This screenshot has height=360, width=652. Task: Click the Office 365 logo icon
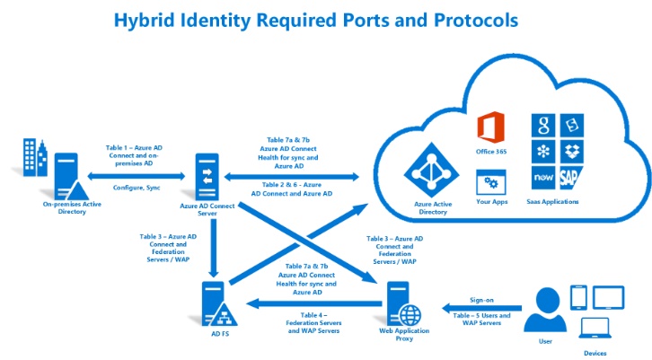tap(490, 127)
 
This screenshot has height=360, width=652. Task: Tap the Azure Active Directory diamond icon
tap(432, 170)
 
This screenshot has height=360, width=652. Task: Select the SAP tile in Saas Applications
tap(570, 178)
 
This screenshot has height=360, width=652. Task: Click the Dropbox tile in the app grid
tap(572, 152)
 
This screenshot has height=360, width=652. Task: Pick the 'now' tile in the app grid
tap(543, 178)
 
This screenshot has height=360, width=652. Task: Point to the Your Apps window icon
tap(491, 182)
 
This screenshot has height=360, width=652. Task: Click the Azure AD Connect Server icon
tap(207, 177)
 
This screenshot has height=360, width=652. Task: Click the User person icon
tap(545, 310)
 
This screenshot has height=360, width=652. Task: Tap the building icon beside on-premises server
tap(35, 157)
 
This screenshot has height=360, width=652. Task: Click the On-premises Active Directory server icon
tap(71, 176)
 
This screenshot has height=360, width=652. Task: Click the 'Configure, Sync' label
tap(137, 188)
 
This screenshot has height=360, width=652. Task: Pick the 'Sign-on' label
tap(481, 300)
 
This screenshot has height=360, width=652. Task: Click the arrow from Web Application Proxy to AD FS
tap(314, 303)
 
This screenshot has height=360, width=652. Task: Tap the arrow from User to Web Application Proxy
tap(481, 308)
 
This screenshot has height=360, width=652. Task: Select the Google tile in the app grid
tap(543, 125)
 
